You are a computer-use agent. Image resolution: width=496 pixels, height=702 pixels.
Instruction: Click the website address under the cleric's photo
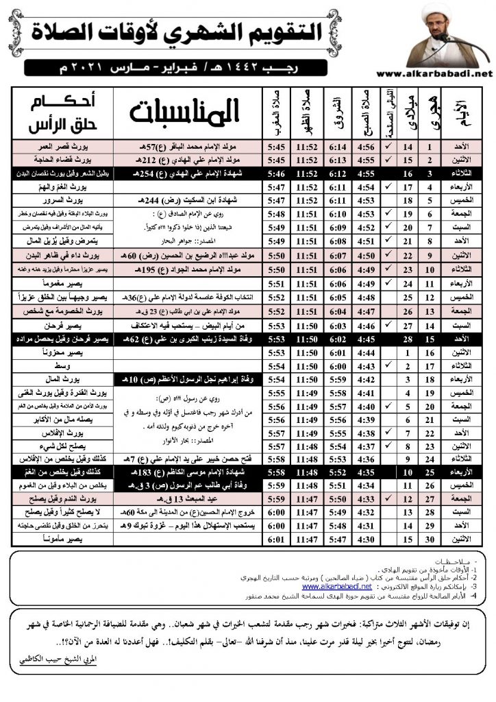(434, 74)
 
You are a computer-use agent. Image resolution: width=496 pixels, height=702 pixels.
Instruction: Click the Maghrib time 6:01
(258, 539)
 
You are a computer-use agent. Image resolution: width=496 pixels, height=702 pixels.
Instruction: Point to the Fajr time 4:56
(369, 147)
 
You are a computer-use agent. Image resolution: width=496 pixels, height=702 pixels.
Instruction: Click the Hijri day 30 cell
(430, 539)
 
